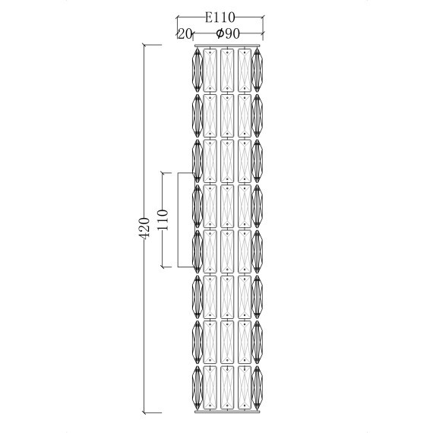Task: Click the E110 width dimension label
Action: coord(220,17)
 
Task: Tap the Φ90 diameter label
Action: coord(228,33)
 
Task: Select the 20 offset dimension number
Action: coord(184,34)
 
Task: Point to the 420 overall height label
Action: coord(144,228)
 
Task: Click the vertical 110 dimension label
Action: coord(162,220)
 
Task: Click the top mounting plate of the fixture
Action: coord(227,46)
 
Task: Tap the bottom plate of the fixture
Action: coord(227,412)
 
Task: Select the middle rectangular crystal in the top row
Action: coord(227,71)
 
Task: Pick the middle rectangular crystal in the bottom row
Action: coord(227,387)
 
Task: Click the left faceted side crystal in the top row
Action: coord(198,70)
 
